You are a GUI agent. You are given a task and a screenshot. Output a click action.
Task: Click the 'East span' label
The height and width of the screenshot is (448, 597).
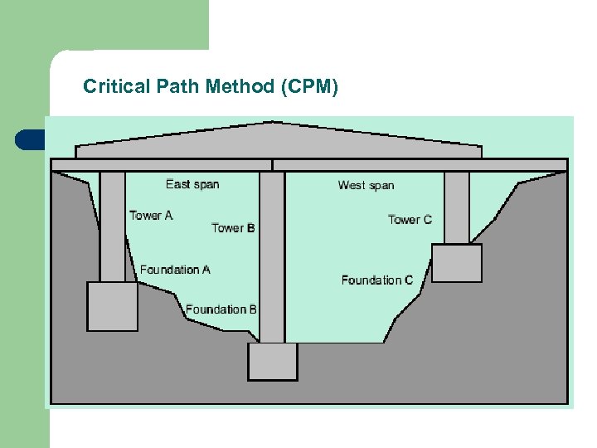pos(192,183)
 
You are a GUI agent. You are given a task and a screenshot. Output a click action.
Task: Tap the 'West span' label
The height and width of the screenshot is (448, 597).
pos(366,185)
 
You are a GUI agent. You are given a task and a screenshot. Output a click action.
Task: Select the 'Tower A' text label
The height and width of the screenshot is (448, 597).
pos(151,216)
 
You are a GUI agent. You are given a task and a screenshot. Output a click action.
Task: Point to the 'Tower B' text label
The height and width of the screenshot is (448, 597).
pos(233,227)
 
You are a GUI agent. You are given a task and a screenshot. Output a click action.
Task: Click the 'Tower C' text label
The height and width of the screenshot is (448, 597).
pos(410,219)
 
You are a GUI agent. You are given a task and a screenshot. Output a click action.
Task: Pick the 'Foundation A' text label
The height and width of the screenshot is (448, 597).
pos(175,270)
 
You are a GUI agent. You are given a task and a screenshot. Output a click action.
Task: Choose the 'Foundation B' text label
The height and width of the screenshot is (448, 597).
pos(221,309)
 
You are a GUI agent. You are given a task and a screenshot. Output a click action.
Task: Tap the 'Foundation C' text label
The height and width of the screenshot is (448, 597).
pos(376,280)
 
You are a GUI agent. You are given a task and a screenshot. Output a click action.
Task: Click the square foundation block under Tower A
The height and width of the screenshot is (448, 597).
pos(112,306)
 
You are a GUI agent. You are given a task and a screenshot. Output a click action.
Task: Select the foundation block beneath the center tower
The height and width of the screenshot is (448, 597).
pos(272,362)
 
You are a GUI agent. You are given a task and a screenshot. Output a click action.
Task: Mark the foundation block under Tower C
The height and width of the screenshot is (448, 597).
pos(457,263)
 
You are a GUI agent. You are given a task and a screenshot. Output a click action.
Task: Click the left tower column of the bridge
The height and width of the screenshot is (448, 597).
pos(113,226)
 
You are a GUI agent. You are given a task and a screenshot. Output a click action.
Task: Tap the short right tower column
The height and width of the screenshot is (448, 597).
pos(456,207)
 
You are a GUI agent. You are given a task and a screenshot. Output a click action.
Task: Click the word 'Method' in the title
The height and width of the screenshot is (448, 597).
pos(245,85)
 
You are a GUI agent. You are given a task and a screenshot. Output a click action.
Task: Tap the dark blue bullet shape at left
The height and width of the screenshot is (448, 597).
pos(29,139)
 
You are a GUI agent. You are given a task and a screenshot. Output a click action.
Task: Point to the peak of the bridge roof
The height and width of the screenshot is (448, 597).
pos(267,124)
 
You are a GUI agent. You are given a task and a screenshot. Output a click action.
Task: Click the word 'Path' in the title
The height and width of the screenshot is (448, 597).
pos(175,85)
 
